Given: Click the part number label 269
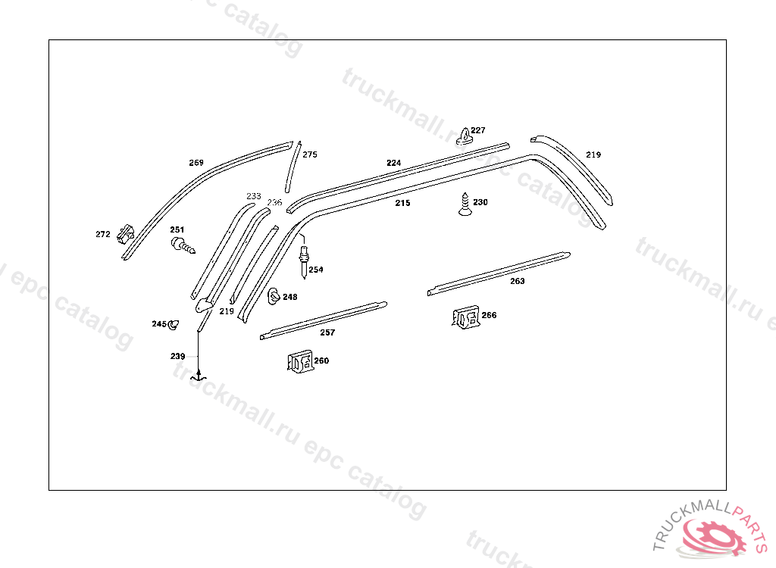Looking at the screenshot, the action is [196, 163].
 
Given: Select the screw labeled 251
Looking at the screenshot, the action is [183, 245].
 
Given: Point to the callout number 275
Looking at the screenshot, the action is [310, 154].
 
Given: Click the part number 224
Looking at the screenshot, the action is [393, 163].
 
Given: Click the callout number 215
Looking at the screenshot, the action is [402, 203].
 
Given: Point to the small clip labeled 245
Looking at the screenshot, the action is [174, 325].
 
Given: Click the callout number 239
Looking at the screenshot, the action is [177, 356].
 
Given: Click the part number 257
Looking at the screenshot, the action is [327, 332].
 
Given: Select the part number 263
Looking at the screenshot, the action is [517, 281].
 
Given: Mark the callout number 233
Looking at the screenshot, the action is [254, 196].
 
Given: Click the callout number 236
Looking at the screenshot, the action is [274, 202].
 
